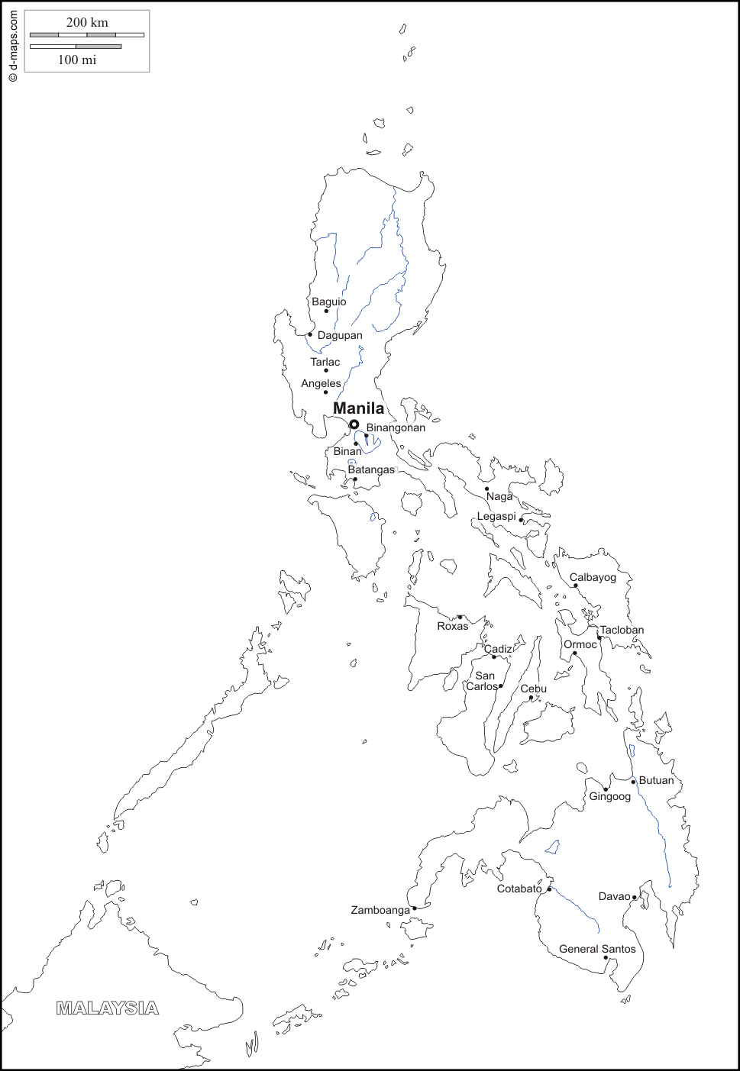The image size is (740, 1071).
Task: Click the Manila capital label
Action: click(358, 408)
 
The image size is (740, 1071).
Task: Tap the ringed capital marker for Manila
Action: click(354, 424)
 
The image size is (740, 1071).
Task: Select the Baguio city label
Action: click(328, 302)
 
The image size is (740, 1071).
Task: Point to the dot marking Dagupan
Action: click(310, 334)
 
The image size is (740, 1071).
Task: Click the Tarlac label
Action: click(325, 362)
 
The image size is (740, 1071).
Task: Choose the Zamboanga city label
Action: click(380, 910)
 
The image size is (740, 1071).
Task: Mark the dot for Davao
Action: click(635, 898)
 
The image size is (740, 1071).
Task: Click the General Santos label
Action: click(597, 949)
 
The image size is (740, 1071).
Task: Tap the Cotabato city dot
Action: click(549, 889)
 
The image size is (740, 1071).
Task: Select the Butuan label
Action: click(656, 780)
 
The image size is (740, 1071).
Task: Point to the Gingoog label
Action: click(609, 796)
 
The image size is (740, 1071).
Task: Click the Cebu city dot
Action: click(532, 698)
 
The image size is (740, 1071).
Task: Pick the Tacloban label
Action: click(622, 630)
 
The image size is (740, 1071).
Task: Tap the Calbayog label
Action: click(593, 577)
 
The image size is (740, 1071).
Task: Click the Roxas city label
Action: click(452, 626)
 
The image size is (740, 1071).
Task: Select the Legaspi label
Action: click(496, 517)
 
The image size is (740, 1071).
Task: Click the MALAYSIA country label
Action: click(108, 1008)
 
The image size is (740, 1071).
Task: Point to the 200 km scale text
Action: click(87, 22)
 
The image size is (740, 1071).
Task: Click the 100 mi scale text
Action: click(77, 60)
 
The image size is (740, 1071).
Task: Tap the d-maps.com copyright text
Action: click(13, 46)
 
